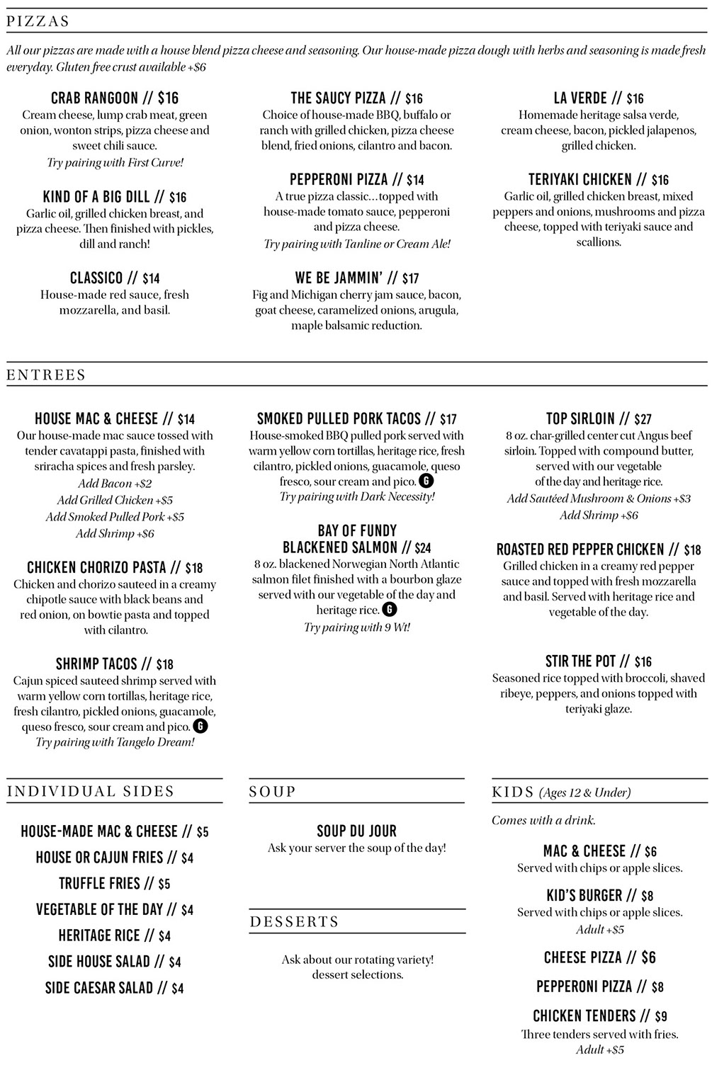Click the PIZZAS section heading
tap(38, 21)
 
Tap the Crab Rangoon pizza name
tap(94, 98)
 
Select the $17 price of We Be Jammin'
tap(410, 278)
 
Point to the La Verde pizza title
tap(580, 98)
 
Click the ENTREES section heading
tap(46, 375)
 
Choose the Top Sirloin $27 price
tap(643, 419)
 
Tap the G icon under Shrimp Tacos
tap(201, 726)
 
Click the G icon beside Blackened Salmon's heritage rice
tap(389, 610)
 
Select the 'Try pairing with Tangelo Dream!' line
tap(115, 742)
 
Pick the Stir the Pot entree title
tap(580, 661)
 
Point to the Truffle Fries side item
tap(100, 884)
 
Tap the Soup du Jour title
tap(356, 831)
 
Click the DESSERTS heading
tap(295, 921)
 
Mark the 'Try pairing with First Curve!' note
tap(115, 162)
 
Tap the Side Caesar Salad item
tap(98, 988)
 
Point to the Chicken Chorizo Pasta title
tap(96, 567)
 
